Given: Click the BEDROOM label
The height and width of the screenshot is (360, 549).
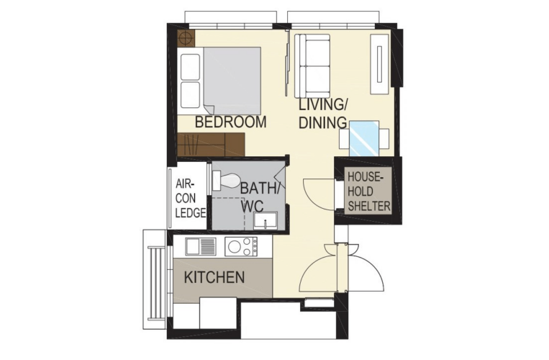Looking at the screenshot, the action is pyautogui.click(x=230, y=122).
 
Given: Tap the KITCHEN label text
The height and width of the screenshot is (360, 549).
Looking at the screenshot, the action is pyautogui.click(x=214, y=277).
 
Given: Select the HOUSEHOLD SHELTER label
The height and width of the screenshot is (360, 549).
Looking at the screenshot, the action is pyautogui.click(x=369, y=192).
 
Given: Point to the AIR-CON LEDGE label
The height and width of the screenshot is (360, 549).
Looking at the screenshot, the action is pyautogui.click(x=190, y=198).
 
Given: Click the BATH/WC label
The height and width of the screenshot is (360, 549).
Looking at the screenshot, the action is pyautogui.click(x=260, y=197).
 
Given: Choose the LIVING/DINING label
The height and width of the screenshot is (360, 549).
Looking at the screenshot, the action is pyautogui.click(x=322, y=114).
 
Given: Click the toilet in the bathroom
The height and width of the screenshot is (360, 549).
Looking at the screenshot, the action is pyautogui.click(x=227, y=181).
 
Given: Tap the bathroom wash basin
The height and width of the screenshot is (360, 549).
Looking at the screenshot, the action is pyautogui.click(x=266, y=220).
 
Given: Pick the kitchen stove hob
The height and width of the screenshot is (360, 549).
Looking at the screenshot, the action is pyautogui.click(x=241, y=246).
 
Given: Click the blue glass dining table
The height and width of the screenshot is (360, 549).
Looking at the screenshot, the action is pyautogui.click(x=364, y=139).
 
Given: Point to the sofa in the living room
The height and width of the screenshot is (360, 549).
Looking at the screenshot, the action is pyautogui.click(x=312, y=66).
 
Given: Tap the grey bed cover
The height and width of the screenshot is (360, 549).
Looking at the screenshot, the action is pyautogui.click(x=232, y=81).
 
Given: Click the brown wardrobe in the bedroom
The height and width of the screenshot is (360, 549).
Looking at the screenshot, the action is pyautogui.click(x=211, y=144).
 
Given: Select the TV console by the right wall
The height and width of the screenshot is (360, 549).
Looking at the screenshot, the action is pyautogui.click(x=380, y=64).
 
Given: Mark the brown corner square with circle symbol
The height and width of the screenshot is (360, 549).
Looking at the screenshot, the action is pyautogui.click(x=186, y=38).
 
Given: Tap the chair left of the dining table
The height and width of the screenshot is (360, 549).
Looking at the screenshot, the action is pyautogui.click(x=344, y=138).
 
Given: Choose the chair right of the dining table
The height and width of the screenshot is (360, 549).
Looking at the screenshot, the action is pyautogui.click(x=384, y=138).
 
